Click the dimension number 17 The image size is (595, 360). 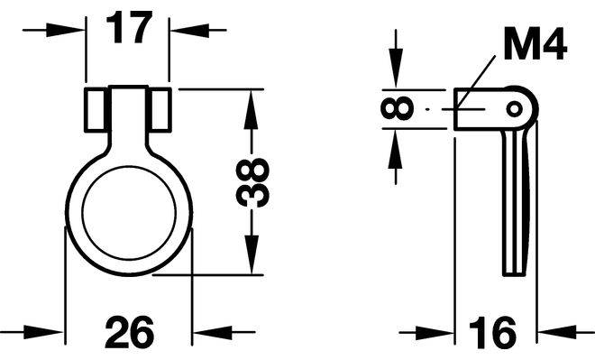pos(129,27)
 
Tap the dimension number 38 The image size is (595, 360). pos(252,183)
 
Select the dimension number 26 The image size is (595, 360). pos(130,332)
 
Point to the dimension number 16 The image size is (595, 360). pos(492,333)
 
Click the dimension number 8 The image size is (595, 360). pos(397,108)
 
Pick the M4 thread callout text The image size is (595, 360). pos(535,43)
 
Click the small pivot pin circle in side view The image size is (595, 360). pos(515,109)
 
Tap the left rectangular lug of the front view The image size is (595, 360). pos(96,110)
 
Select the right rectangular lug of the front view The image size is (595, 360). pos(160,110)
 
